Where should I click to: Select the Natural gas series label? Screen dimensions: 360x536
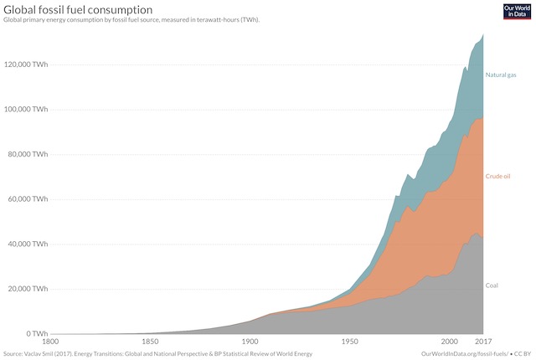coord(502,75)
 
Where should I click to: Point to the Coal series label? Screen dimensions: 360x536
coord(492,285)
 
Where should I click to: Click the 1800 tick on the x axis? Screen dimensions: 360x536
coord(50,342)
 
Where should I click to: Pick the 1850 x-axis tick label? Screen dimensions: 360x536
coord(150,342)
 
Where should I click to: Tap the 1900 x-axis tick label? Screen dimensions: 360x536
coord(250,342)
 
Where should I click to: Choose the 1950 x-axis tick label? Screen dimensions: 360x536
coord(349,342)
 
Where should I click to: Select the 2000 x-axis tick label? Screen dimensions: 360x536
coord(449,342)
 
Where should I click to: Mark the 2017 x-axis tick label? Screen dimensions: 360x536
coord(483,342)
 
